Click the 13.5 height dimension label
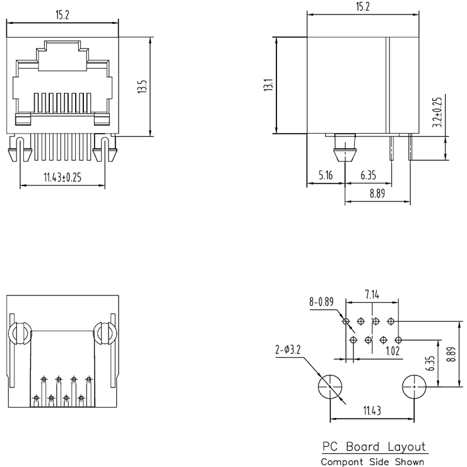tap(142, 86)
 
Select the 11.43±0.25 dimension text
tap(62, 177)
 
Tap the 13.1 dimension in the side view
tap(267, 85)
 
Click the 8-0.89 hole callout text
tap(321, 302)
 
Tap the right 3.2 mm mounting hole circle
tap(414, 385)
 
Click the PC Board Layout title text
tap(374, 447)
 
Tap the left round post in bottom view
tap(17, 334)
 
